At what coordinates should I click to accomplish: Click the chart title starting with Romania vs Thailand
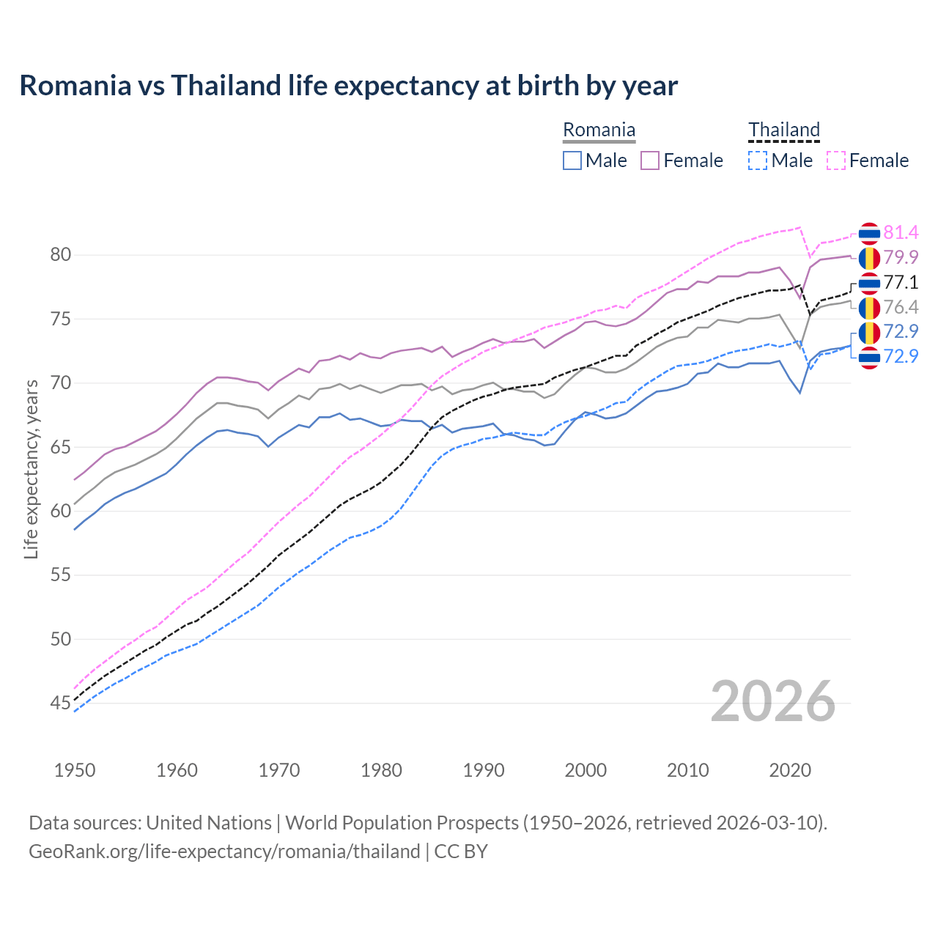(348, 86)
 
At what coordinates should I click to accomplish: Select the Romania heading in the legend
(599, 130)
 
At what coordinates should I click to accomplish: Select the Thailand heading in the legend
(783, 130)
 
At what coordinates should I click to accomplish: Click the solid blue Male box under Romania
(572, 160)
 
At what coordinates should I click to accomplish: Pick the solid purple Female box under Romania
(650, 160)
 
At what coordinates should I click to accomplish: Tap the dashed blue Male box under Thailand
(758, 160)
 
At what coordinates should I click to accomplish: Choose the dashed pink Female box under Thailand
(835, 160)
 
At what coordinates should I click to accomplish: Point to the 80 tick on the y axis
(60, 255)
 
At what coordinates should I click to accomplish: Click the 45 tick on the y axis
(60, 703)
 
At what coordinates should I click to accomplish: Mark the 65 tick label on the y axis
(60, 447)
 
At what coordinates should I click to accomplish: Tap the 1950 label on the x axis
(75, 770)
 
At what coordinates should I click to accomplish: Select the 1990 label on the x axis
(484, 770)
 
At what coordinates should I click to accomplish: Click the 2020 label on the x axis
(790, 770)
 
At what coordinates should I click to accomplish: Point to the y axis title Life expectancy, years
(31, 469)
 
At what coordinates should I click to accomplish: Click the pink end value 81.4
(901, 233)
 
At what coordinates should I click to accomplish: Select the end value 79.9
(901, 257)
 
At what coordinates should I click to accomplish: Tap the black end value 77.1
(901, 283)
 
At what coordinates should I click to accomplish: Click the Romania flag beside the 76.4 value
(869, 308)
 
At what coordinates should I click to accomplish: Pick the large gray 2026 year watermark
(773, 701)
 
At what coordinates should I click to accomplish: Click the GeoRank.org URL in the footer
(224, 852)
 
